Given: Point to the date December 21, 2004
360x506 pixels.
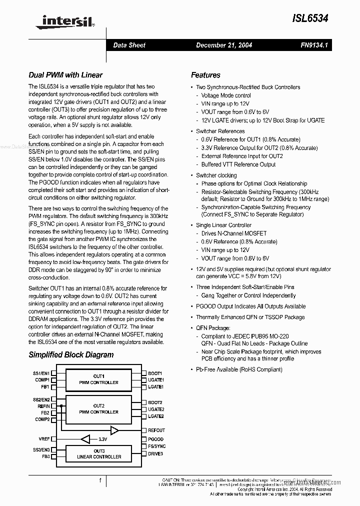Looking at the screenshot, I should (x=224, y=45).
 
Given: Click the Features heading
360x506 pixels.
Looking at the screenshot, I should (x=205, y=75).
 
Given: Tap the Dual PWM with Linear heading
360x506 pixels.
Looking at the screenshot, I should (x=65, y=75).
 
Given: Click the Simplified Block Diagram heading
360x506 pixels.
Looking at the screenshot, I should (x=71, y=355).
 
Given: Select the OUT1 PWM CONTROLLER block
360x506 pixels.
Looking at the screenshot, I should (x=98, y=379).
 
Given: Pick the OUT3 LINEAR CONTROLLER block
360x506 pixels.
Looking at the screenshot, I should (x=98, y=454).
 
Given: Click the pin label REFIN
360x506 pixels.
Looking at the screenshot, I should (x=43, y=406).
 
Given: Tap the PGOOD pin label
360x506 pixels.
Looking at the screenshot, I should (x=155, y=439).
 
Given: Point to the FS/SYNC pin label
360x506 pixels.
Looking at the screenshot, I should (x=156, y=446).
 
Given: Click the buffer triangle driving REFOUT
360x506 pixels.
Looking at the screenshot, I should (x=114, y=430).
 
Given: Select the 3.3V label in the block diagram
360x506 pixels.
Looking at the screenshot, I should (x=103, y=439).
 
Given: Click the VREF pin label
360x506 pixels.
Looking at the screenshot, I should (x=44, y=439).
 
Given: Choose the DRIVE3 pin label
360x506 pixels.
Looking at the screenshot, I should (x=155, y=453).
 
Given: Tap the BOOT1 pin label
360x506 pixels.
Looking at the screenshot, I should (x=155, y=373).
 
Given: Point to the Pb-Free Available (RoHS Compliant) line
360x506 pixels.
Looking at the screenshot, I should (x=239, y=369).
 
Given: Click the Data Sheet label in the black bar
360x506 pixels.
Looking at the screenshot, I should (x=129, y=45).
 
